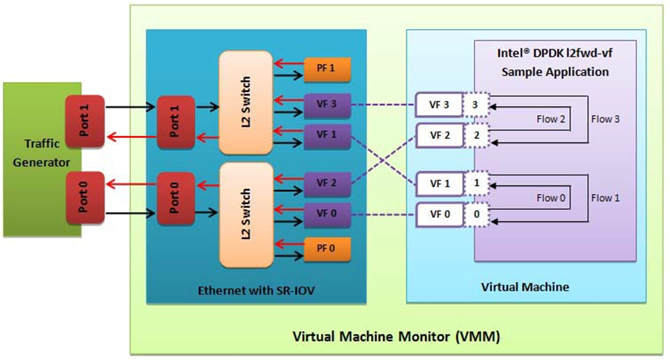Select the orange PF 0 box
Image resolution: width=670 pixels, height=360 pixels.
coord(326,246)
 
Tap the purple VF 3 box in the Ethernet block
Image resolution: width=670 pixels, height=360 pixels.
coord(326,105)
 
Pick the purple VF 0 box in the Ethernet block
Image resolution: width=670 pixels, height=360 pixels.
coord(326,215)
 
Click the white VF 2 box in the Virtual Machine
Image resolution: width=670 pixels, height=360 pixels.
coord(438,135)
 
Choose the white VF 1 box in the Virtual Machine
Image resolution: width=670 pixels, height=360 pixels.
coord(438,182)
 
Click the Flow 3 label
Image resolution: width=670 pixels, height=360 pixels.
coord(603,118)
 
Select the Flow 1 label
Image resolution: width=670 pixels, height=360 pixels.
coord(603,198)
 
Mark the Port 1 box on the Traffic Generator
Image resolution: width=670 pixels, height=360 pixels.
coord(84,121)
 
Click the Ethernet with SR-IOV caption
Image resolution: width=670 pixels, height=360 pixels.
coord(255,288)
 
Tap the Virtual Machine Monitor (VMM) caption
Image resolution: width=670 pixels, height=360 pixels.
coord(396,335)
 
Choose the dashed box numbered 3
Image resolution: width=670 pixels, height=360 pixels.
coord(475,105)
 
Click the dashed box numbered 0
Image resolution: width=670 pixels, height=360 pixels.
coord(475,215)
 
